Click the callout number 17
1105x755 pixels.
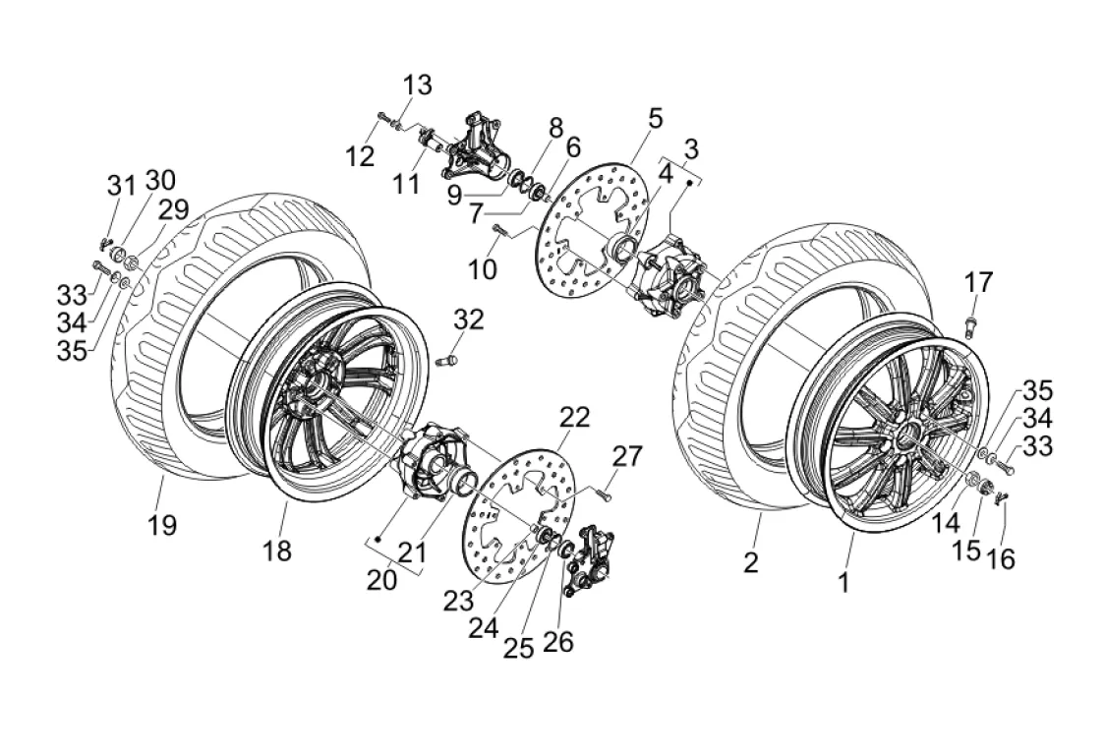pos(978,283)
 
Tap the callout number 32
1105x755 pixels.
pos(469,319)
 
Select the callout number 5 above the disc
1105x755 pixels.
pos(656,118)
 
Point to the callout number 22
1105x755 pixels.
pos(574,418)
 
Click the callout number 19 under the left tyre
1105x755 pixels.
pos(162,525)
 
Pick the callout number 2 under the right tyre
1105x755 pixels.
pos(751,562)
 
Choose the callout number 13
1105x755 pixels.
pos(417,86)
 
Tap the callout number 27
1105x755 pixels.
pos(627,456)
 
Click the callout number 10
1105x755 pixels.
pos(483,268)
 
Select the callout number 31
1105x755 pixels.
pos(121,186)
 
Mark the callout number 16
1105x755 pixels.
pos(1001,559)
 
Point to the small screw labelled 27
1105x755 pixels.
pos(603,494)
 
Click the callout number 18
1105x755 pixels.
pos(277,551)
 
